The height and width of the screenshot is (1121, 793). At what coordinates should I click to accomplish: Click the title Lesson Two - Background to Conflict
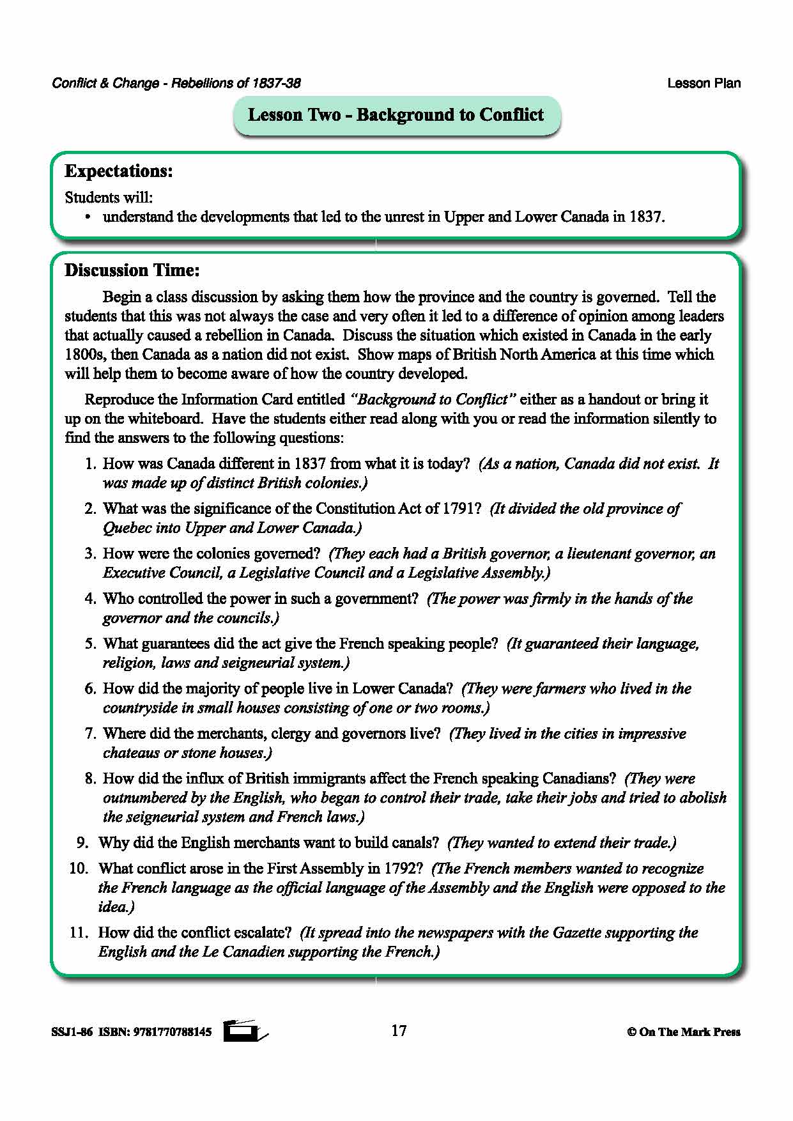point(396,115)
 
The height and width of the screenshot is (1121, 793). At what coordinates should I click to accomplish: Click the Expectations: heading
point(119,171)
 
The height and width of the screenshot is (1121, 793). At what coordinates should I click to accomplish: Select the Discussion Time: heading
point(132,270)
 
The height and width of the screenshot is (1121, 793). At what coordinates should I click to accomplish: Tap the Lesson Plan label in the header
point(704,83)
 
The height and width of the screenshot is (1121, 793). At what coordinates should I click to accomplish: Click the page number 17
point(398,1031)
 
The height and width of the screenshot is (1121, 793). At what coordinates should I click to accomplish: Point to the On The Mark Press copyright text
point(683,1032)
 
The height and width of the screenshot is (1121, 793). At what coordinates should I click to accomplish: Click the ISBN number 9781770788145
point(172,1032)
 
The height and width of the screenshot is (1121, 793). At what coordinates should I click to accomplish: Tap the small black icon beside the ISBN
point(243,1031)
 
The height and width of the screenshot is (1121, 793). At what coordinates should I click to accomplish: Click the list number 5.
point(90,644)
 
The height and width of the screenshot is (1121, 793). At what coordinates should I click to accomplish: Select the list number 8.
point(90,778)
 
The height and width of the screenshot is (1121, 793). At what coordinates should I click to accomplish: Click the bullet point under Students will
point(89,217)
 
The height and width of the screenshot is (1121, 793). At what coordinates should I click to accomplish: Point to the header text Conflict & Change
point(105,83)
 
